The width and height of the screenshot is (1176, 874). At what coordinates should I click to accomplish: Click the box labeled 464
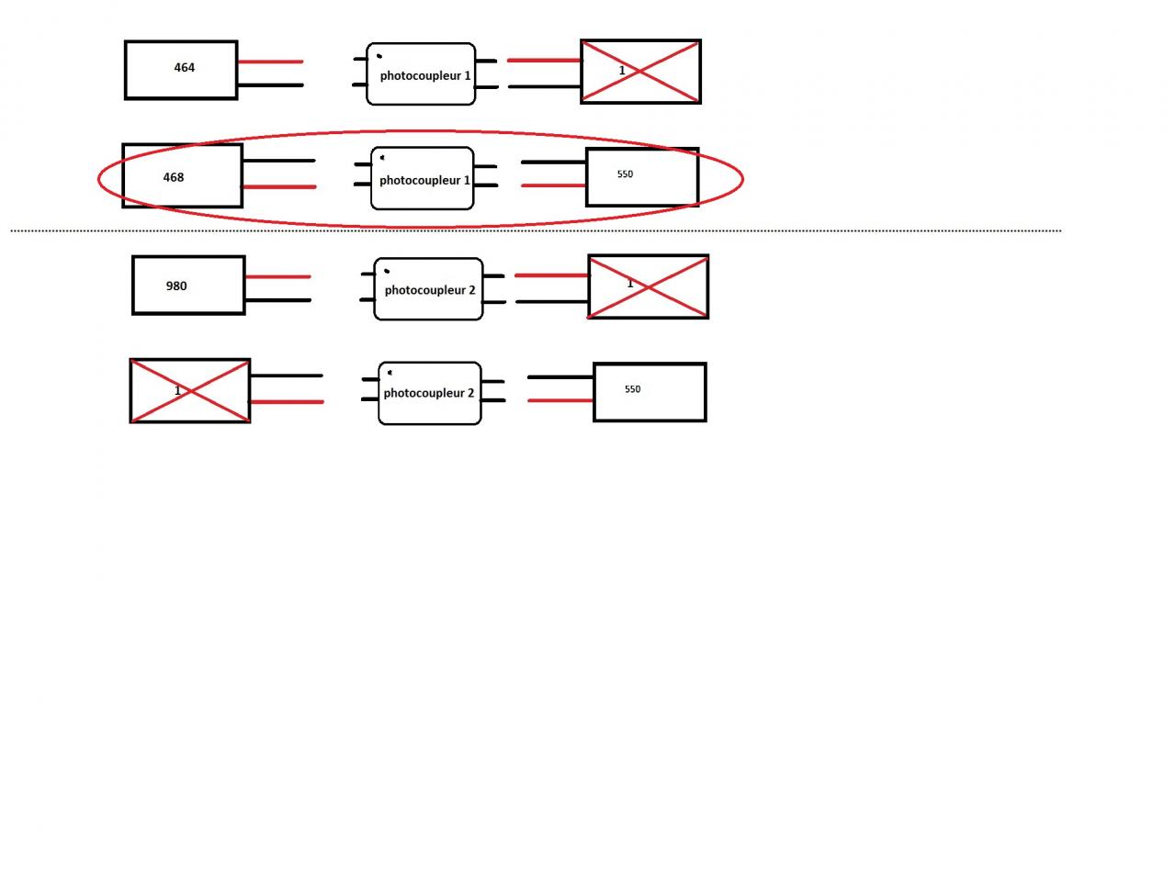tap(181, 70)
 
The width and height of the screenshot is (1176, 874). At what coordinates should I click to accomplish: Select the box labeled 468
tap(182, 175)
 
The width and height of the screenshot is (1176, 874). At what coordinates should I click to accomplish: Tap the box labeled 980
tap(188, 286)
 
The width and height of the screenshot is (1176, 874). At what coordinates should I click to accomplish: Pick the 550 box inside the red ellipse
tap(642, 177)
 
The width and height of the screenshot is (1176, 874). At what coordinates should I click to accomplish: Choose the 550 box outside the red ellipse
tap(650, 392)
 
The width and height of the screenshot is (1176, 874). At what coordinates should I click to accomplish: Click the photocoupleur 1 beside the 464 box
tap(421, 74)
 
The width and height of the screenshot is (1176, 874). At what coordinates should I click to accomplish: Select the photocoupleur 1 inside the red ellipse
tap(423, 179)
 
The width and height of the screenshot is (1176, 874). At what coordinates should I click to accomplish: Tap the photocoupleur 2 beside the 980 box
tap(428, 289)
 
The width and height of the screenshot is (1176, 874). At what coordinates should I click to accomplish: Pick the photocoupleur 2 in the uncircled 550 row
tap(430, 393)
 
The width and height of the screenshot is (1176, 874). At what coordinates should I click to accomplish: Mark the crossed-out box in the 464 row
tap(640, 72)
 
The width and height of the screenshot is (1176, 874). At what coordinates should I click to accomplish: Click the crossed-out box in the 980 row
tap(648, 286)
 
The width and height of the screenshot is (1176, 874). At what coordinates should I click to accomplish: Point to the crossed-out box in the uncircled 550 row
tap(190, 391)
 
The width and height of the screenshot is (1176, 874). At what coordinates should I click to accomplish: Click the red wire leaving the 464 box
tap(270, 62)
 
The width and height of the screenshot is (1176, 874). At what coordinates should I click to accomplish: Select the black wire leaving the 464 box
tap(270, 85)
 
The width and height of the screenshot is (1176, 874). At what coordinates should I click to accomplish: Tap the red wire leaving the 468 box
tap(278, 186)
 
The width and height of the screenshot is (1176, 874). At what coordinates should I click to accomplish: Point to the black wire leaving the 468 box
tap(278, 161)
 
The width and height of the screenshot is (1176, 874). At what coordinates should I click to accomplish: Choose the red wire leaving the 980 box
tap(277, 276)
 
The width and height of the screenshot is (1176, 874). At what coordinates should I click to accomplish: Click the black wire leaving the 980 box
tap(277, 300)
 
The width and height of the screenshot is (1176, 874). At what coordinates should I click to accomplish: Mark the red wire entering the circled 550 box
tap(553, 185)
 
